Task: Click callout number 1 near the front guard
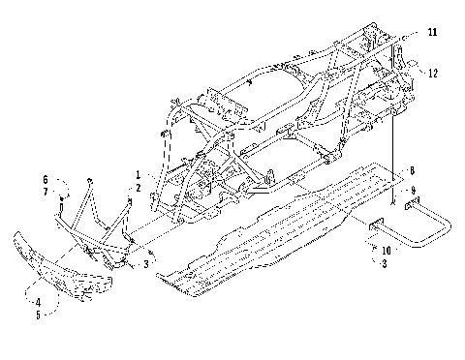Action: coord(138,175)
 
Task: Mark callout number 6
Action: coord(45,180)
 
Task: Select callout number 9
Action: coord(412,190)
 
